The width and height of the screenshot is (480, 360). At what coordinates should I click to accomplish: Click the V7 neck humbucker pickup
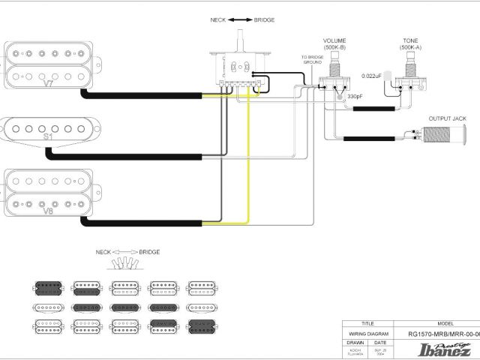[x=48, y=65]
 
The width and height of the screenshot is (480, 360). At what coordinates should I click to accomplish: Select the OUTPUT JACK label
[x=447, y=118]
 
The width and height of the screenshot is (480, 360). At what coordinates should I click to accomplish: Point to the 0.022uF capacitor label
[x=372, y=76]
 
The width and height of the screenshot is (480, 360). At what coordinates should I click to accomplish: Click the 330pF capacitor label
[x=355, y=97]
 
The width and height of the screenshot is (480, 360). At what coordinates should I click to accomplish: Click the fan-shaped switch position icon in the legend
[x=127, y=263]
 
